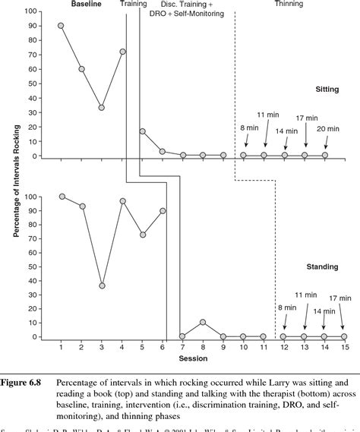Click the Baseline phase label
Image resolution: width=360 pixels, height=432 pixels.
click(x=87, y=4)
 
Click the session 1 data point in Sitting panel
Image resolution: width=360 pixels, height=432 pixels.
click(x=61, y=26)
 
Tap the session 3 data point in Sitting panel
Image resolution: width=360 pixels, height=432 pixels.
click(x=102, y=108)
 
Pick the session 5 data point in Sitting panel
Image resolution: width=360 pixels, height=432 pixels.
click(x=142, y=131)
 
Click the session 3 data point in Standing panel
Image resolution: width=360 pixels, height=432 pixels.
click(x=102, y=285)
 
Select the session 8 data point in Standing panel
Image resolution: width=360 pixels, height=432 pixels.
click(x=202, y=322)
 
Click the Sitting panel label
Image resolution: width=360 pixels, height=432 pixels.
click(x=327, y=89)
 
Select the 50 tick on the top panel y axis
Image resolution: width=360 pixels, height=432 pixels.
click(x=30, y=84)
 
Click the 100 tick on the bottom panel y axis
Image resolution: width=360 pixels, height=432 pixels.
click(x=29, y=196)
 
